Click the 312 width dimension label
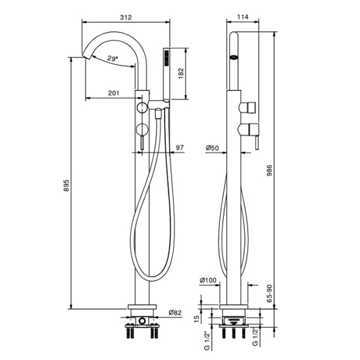pyautogui.click(x=126, y=17)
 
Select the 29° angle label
pyautogui.click(x=113, y=58)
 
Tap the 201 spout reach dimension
pyautogui.click(x=113, y=93)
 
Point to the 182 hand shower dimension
pyautogui.click(x=181, y=73)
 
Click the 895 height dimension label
pyautogui.click(x=66, y=185)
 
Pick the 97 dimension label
pyautogui.click(x=180, y=148)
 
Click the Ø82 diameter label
pyautogui.click(x=175, y=313)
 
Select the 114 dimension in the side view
pyautogui.click(x=242, y=17)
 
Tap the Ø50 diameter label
pyautogui.click(x=212, y=148)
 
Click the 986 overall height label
pyautogui.click(x=269, y=170)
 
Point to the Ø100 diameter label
pyautogui.click(x=208, y=280)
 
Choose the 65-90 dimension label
pyautogui.click(x=269, y=293)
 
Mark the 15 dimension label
pyautogui.click(x=197, y=319)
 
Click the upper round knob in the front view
pyautogui.click(x=142, y=107)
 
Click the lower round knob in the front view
pyautogui.click(x=142, y=129)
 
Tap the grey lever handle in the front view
pyautogui.click(x=142, y=143)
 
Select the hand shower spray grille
pyautogui.click(x=167, y=58)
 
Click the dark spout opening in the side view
pyautogui.click(x=234, y=56)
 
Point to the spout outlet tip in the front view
pyautogui.click(x=86, y=56)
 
